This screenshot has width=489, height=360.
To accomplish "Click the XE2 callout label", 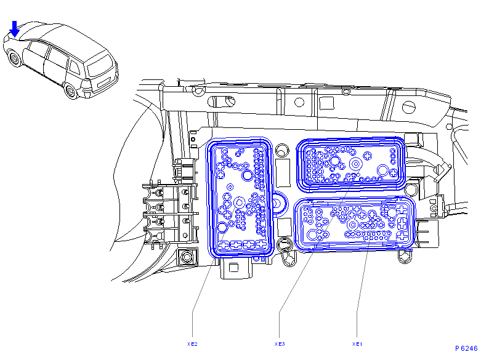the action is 192,344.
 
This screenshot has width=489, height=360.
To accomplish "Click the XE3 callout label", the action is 280,344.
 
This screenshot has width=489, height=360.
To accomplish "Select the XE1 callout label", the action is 357,344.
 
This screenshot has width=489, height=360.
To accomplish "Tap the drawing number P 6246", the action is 466,348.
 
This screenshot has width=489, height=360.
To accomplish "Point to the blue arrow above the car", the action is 14,29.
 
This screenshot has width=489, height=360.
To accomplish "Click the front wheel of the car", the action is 14,58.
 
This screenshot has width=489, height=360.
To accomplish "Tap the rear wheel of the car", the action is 70,91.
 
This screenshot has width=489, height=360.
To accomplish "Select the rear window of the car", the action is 100,65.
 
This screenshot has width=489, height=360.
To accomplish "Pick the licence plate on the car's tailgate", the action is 104,82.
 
